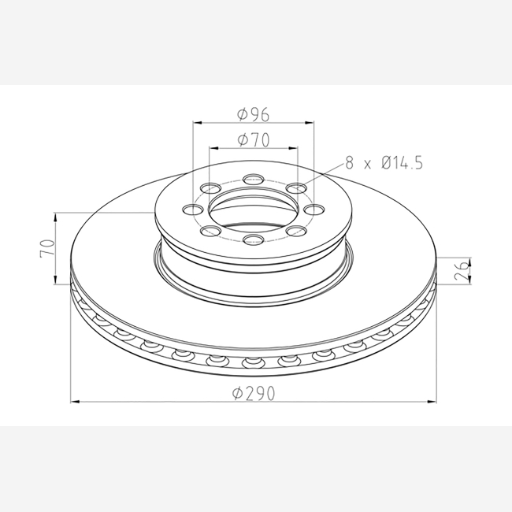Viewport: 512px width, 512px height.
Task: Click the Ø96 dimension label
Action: (x=254, y=114)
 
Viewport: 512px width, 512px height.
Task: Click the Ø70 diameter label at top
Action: (x=254, y=139)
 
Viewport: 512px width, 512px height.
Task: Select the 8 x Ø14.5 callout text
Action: (x=384, y=162)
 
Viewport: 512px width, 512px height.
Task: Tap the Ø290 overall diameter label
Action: (x=254, y=393)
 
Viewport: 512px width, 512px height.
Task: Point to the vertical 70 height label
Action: (x=47, y=249)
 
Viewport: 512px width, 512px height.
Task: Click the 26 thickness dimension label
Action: (x=462, y=271)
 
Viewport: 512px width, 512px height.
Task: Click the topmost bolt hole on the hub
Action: (x=254, y=179)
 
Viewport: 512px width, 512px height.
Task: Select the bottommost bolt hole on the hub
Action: (x=254, y=239)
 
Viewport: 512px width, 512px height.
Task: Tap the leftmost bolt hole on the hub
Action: (x=192, y=210)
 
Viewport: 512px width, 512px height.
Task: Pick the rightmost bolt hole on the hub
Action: (x=314, y=210)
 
